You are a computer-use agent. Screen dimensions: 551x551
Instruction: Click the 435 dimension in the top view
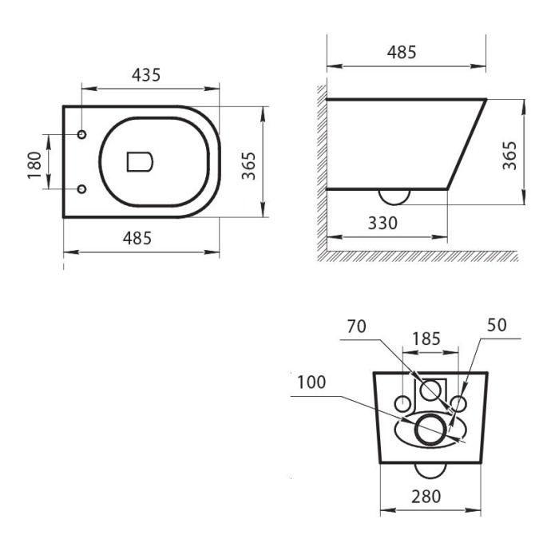[x=147, y=75]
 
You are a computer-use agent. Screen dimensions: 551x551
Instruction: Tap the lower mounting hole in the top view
[x=82, y=189]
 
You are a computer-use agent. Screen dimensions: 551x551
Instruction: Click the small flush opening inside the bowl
[x=140, y=161]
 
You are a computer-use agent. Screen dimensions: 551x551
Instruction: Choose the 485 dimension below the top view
[x=140, y=238]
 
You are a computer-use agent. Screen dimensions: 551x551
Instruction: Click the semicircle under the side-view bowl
[x=392, y=196]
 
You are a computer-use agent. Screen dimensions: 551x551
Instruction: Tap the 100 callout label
[x=311, y=382]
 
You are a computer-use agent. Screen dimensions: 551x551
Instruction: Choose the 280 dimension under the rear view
[x=428, y=497]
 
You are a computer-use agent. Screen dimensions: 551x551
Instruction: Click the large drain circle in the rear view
[x=430, y=428]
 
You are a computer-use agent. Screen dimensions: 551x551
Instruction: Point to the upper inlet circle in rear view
[x=430, y=390]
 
